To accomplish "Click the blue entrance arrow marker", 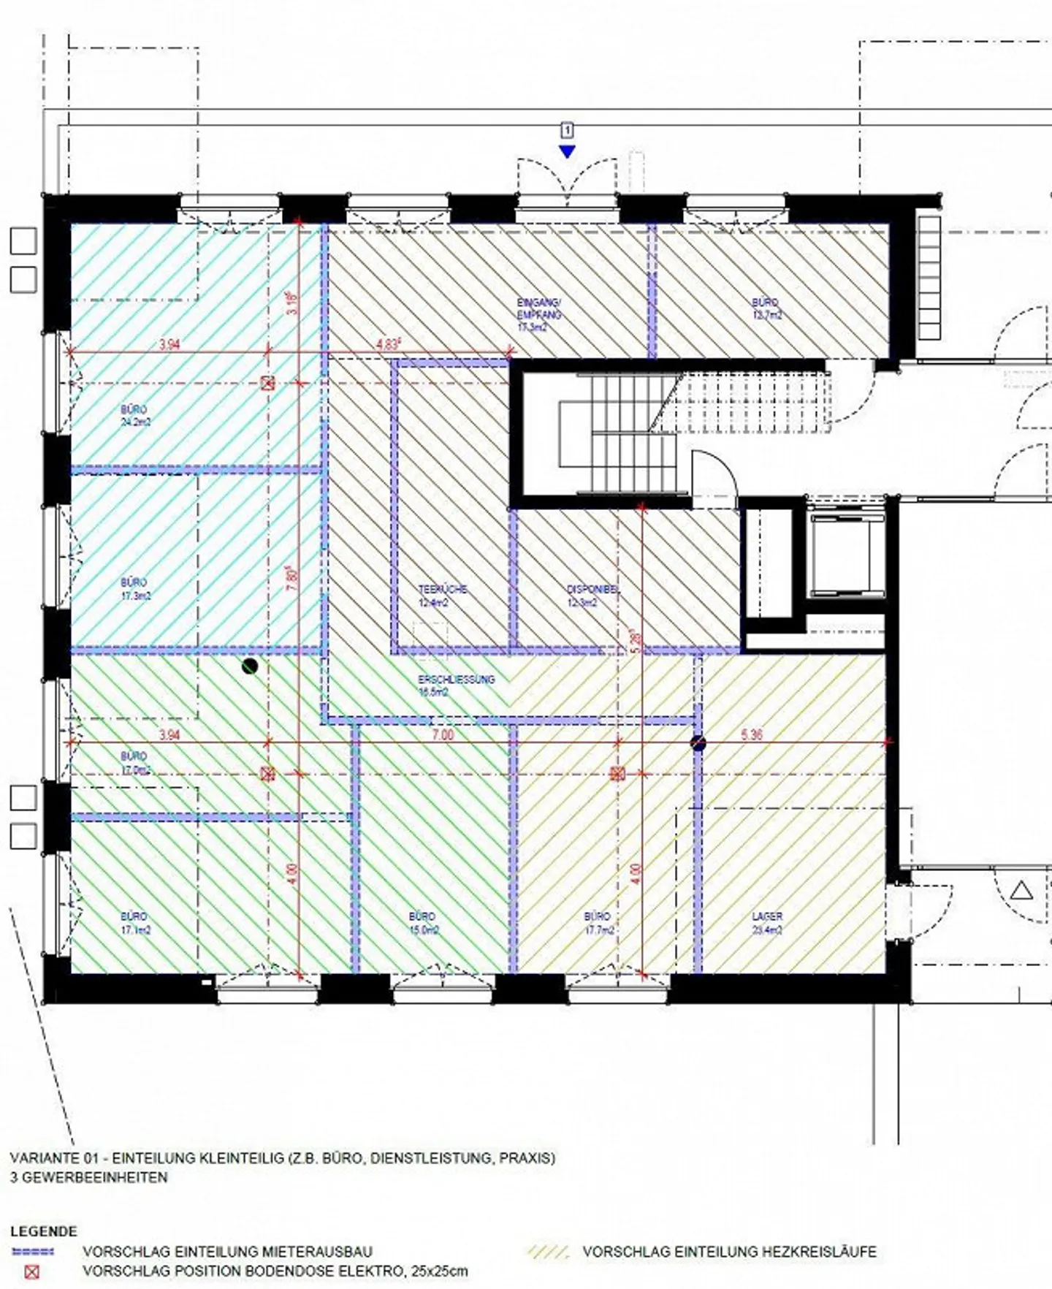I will (567, 151).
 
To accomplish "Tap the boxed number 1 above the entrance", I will (567, 131).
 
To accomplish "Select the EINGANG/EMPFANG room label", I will (538, 315).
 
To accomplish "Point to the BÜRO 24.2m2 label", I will (135, 416).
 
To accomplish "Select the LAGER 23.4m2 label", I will (767, 923).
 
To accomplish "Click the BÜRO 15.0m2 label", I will (423, 923).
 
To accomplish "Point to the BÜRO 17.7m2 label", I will (598, 923).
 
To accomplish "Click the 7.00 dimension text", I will (443, 735).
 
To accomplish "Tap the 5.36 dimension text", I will (751, 735).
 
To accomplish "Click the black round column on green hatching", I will (250, 666).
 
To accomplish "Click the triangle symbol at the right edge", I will (1021, 891).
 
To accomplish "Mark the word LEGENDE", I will (43, 1232).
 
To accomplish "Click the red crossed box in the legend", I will (32, 1271).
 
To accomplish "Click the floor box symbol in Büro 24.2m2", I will (268, 383).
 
